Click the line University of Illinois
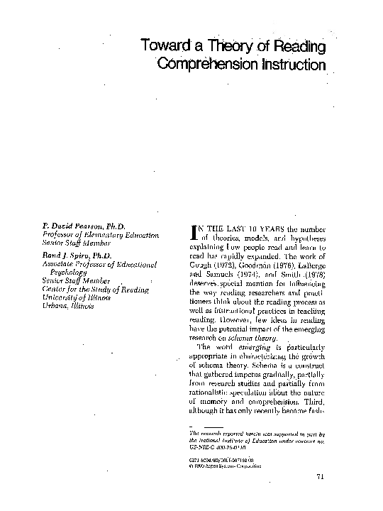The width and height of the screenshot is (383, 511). coord(80,297)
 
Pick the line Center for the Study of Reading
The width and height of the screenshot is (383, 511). coord(95,289)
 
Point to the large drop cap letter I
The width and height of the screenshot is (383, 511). coord(196,232)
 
